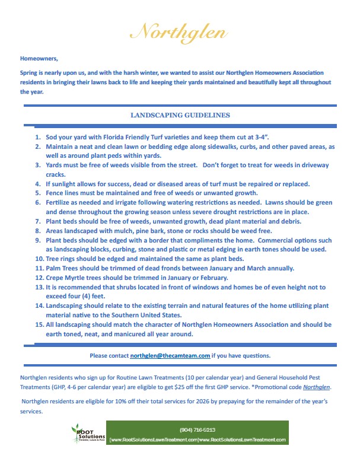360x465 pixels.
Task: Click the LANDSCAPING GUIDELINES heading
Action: coord(180,114)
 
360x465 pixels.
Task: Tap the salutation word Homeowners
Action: coord(39,59)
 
